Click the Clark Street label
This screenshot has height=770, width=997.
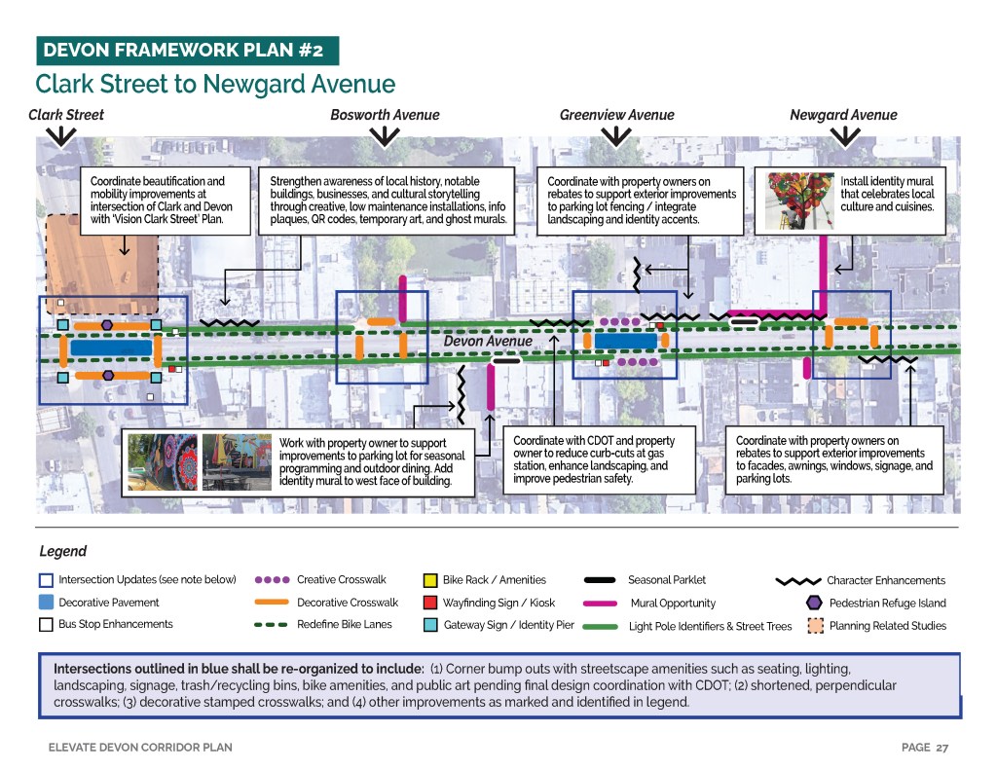[66, 115]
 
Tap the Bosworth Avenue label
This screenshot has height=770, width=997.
[385, 115]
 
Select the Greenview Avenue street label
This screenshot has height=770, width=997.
[616, 115]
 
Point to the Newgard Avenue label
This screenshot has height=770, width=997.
[843, 115]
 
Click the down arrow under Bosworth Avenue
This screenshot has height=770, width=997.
[385, 137]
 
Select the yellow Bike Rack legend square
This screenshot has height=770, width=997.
[429, 580]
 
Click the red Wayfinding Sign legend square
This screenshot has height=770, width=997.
[429, 603]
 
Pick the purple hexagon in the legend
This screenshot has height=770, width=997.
[814, 603]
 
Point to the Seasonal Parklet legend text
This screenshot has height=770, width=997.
[667, 580]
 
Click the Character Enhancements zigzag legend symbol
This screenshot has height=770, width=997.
[797, 581]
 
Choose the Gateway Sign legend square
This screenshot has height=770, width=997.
[429, 625]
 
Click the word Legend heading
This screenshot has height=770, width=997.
[62, 551]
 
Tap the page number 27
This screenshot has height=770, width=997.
[942, 748]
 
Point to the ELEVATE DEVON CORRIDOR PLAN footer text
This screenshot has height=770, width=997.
[140, 748]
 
